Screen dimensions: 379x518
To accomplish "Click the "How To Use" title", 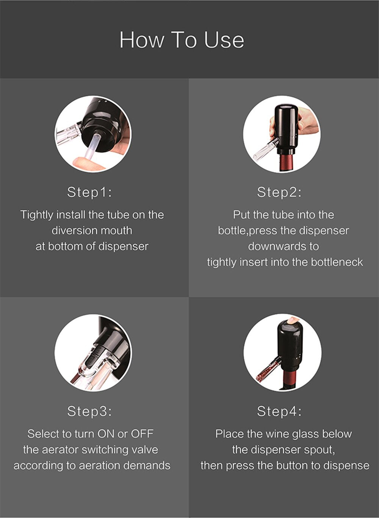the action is click(x=182, y=40).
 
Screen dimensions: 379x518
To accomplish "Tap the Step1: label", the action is click(x=89, y=192).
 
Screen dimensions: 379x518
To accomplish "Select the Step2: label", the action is click(x=279, y=192).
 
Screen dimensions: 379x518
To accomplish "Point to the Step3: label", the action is click(x=89, y=411).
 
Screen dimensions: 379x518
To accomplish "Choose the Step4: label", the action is click(x=279, y=411).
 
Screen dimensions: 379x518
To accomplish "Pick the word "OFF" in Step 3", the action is click(x=142, y=434).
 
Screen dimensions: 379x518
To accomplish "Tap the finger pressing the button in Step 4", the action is click(x=293, y=320).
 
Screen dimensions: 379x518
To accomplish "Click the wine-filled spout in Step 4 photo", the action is click(x=268, y=370).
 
